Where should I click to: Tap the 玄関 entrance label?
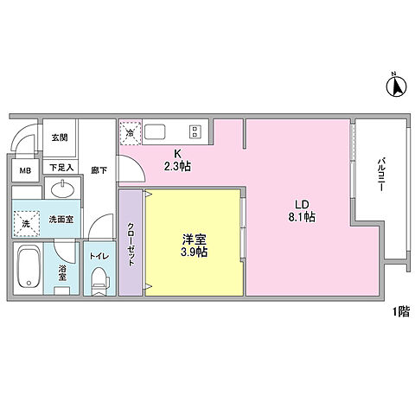point(59,137)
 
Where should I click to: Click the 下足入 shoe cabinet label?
point(60,167)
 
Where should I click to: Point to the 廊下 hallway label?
point(99,171)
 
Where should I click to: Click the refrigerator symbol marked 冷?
point(131,133)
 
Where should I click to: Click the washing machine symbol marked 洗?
point(26,223)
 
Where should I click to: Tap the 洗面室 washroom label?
point(60,220)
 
